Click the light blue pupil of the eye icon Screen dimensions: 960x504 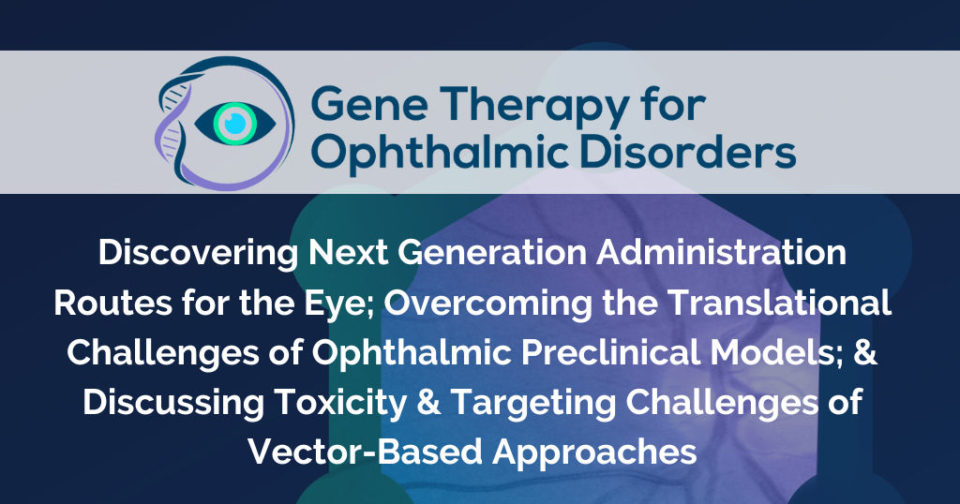[235, 124]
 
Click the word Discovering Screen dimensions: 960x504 [199, 253]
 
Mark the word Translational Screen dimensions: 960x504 [779, 303]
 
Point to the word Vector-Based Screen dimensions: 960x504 [365, 452]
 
